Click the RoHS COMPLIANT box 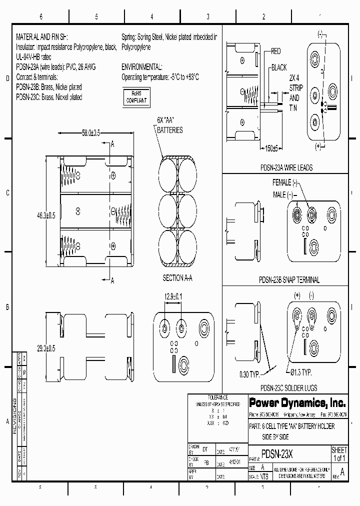point(136,96)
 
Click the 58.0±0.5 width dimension point(84,133)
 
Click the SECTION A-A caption point(178,277)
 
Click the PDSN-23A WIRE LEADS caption point(286,168)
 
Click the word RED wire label point(276,51)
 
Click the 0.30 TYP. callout point(249,374)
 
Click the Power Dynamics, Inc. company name point(290,402)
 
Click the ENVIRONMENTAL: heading point(142,66)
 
